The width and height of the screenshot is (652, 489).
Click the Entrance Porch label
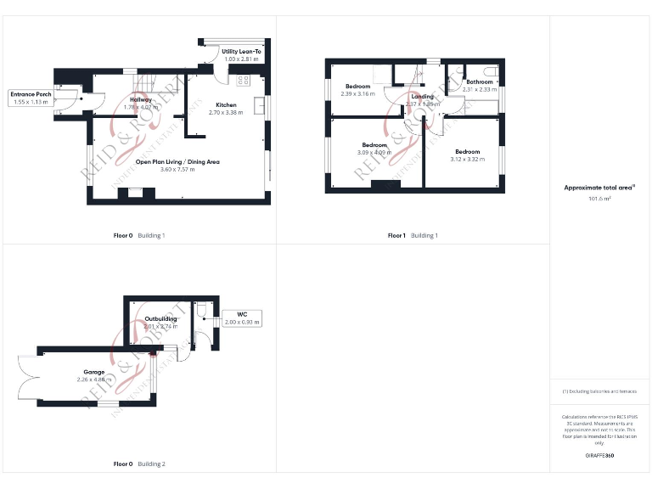32,94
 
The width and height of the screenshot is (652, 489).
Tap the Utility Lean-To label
242,52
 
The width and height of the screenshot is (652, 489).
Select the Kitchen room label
226,104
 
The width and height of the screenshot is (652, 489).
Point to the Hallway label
141,99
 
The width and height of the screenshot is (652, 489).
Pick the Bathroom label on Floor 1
480,81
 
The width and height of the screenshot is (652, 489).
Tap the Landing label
422,97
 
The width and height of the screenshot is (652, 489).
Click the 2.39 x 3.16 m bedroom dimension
357,93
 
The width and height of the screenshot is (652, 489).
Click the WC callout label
242,315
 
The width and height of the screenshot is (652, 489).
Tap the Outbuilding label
160,319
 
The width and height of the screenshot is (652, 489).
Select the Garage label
93,372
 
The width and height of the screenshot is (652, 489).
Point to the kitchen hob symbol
243,81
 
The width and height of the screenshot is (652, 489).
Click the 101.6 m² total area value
599,199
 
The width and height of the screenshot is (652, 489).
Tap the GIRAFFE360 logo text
599,456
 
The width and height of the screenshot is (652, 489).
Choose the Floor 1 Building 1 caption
413,235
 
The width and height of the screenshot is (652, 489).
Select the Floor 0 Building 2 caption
139,464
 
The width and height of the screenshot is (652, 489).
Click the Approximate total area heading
599,187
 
